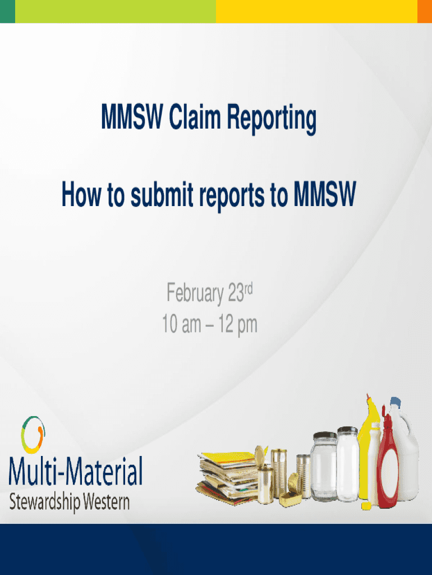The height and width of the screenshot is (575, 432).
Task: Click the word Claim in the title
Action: click(x=195, y=117)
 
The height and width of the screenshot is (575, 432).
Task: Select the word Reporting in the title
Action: click(x=272, y=119)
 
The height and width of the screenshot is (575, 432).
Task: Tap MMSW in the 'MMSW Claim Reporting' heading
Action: click(x=132, y=117)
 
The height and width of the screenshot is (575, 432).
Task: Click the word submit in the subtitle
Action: click(x=162, y=194)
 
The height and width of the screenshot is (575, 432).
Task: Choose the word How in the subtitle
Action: click(x=81, y=194)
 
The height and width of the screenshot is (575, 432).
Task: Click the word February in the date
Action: click(x=195, y=293)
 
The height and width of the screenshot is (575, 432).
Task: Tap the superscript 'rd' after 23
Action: click(x=248, y=289)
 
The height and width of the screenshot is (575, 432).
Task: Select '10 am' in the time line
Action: click(x=182, y=324)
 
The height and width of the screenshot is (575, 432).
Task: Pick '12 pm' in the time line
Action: click(x=238, y=325)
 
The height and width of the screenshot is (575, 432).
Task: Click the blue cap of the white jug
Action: click(x=395, y=402)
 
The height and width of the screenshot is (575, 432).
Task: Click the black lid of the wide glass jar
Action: click(x=325, y=436)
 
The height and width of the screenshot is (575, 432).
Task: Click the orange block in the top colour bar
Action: click(x=425, y=11)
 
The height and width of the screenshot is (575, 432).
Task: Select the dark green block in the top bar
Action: click(x=7, y=11)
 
